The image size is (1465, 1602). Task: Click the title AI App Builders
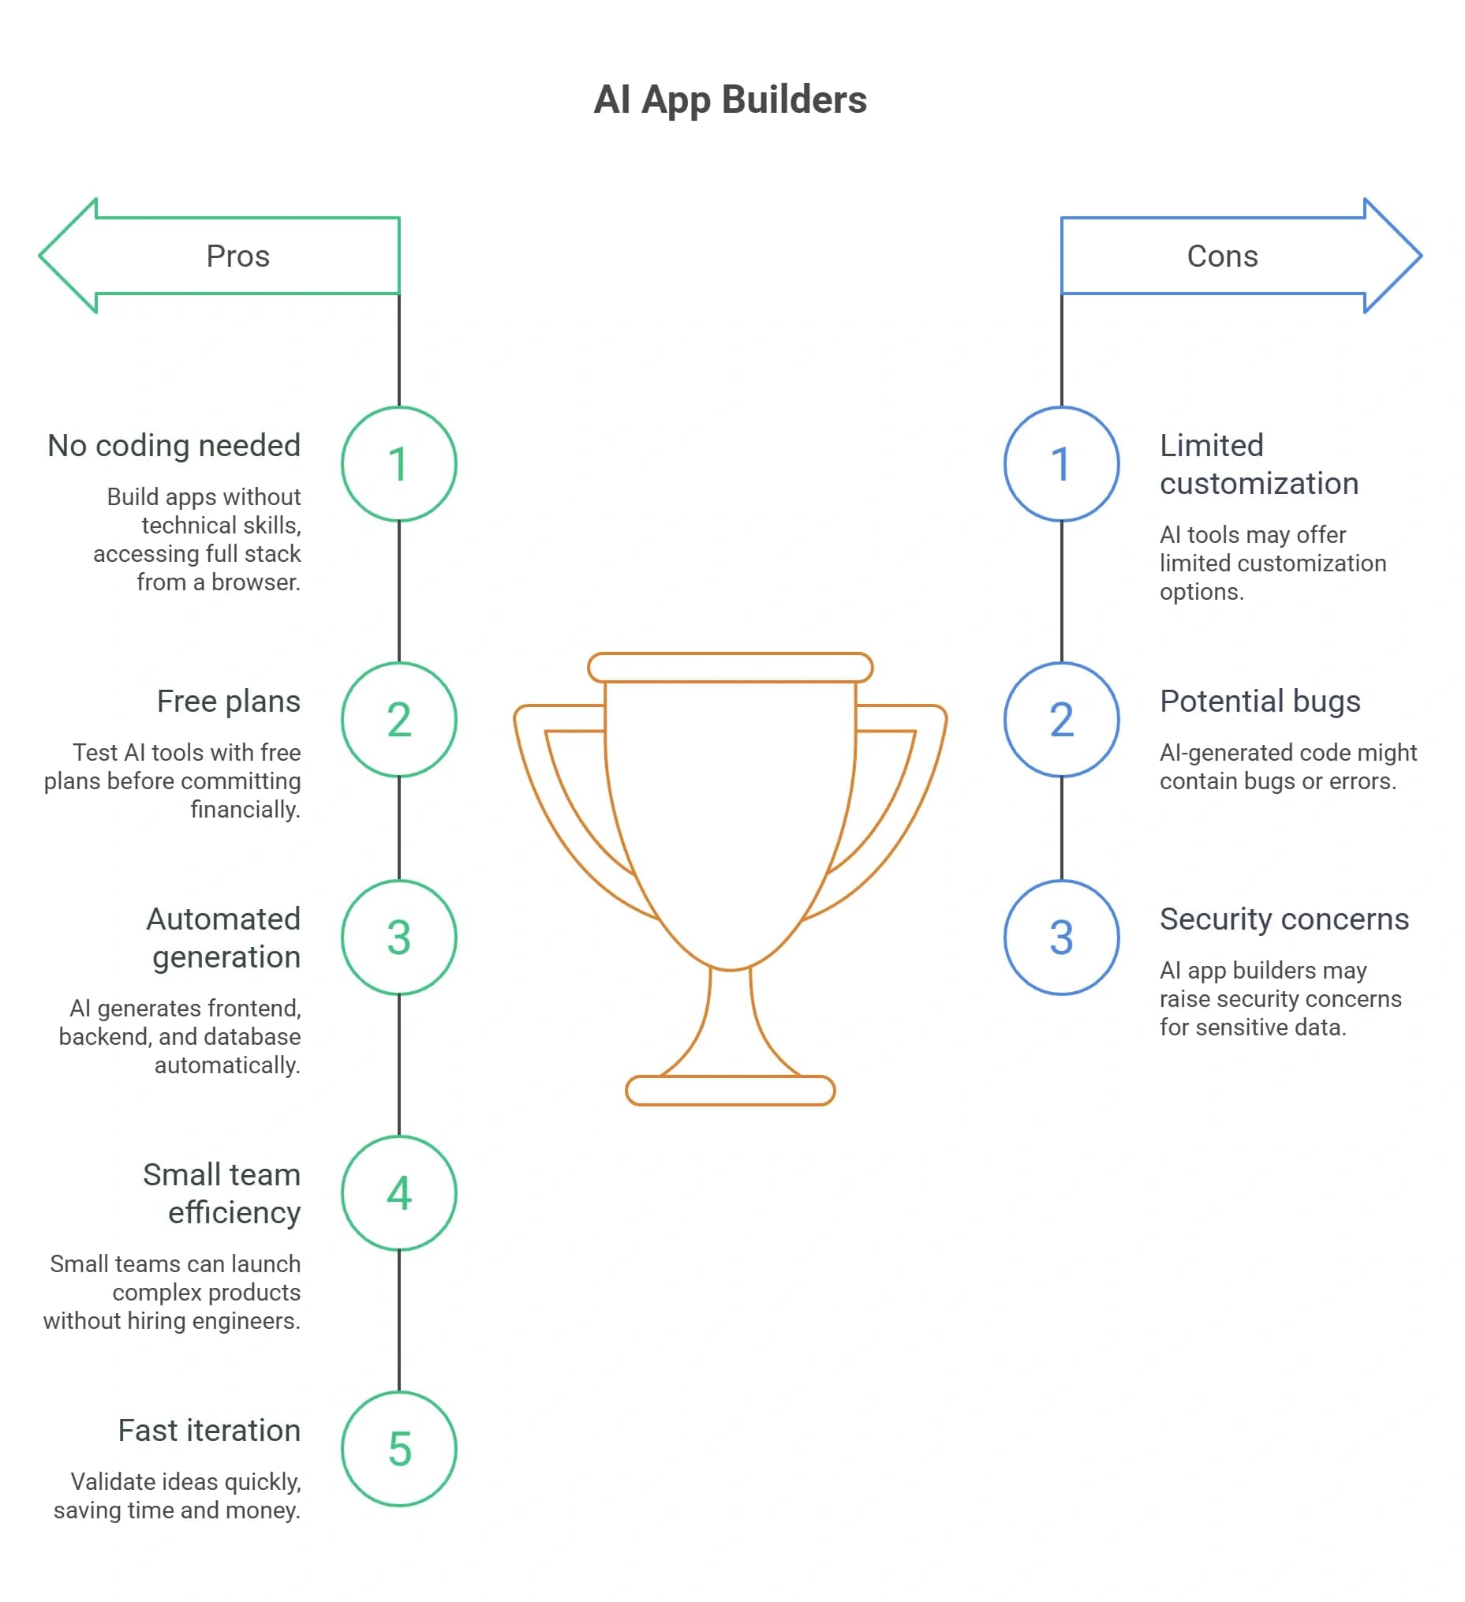tap(730, 100)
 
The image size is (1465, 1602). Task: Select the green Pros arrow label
tap(237, 256)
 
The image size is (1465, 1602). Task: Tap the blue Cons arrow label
tap(1222, 256)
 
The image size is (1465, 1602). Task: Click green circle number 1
tap(399, 464)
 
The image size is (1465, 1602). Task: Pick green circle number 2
tap(399, 720)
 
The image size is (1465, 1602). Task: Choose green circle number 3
tap(399, 938)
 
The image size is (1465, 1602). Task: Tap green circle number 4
tap(399, 1193)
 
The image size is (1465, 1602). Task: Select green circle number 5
tap(399, 1450)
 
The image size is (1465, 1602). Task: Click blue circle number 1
tap(1061, 464)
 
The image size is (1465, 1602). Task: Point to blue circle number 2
tap(1061, 720)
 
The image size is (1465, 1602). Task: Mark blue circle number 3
tap(1061, 938)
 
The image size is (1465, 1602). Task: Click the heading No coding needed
tap(174, 446)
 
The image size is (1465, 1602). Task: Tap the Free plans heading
tap(229, 702)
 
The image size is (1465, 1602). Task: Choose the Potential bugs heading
tap(1260, 702)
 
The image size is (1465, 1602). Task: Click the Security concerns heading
tap(1284, 919)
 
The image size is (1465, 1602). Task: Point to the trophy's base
tap(730, 1091)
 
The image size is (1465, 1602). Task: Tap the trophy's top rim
tap(730, 668)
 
